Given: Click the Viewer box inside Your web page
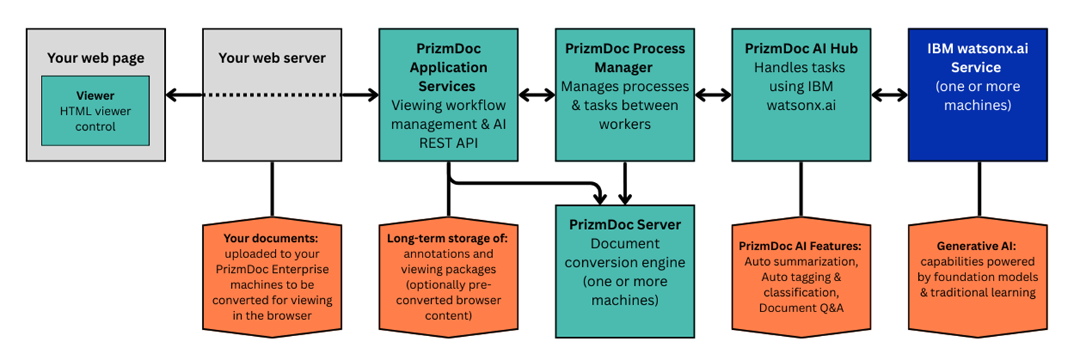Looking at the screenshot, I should click(x=95, y=110).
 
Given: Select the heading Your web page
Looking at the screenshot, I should click(x=95, y=58).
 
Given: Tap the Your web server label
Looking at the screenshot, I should click(x=271, y=58).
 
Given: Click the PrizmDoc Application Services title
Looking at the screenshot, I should click(x=448, y=67).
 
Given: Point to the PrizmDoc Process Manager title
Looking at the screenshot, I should click(x=624, y=58).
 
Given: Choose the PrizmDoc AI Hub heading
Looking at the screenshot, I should click(x=801, y=49).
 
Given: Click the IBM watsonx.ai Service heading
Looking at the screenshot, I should click(x=977, y=58).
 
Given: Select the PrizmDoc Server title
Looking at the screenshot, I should click(x=624, y=225).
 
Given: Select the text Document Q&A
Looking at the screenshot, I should click(x=801, y=308).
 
